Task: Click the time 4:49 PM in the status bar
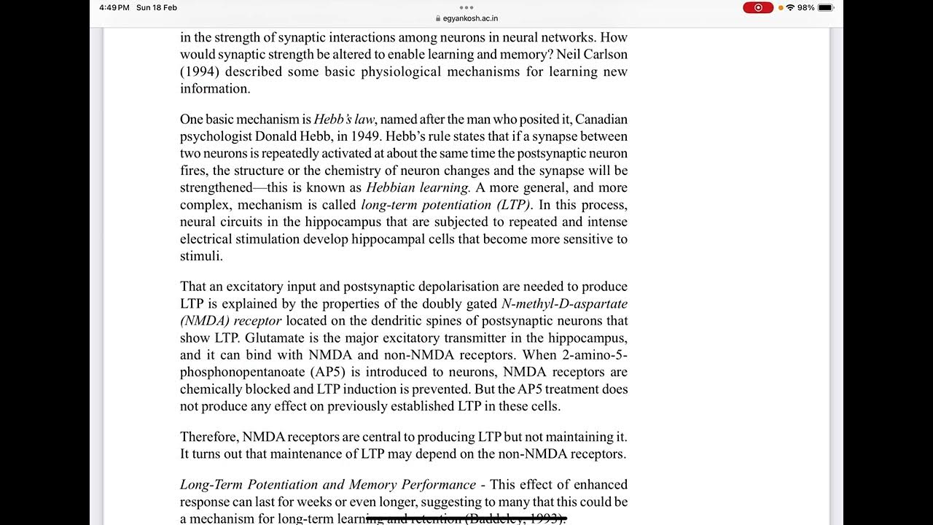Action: pos(114,7)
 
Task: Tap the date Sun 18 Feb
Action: pos(157,7)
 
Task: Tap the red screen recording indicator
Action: pos(758,7)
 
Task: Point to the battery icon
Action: pos(825,7)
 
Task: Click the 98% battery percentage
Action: pos(805,7)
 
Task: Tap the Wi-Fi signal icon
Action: pos(790,7)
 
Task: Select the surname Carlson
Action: pos(604,55)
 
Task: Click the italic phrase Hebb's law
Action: pos(344,120)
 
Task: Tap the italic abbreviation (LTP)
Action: pos(509,205)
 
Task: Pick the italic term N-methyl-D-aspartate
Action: pos(564,304)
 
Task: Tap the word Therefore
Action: pos(208,437)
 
